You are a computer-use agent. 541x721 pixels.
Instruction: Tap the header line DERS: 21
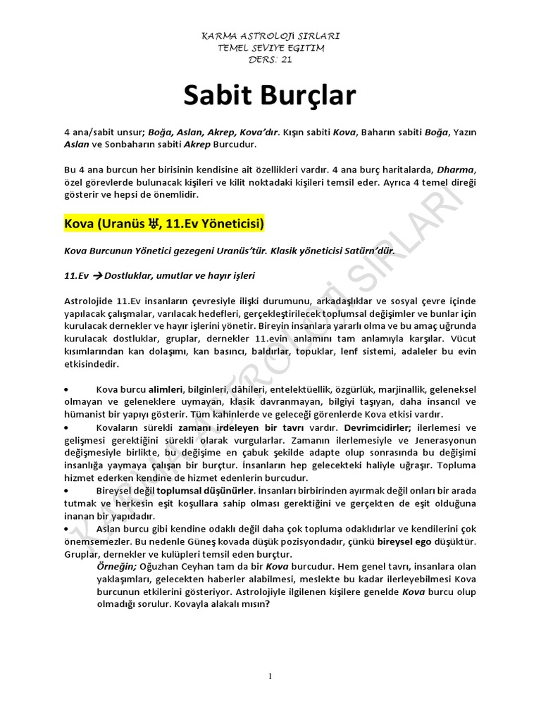coord(270,60)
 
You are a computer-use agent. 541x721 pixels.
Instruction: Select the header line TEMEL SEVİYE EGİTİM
coord(270,48)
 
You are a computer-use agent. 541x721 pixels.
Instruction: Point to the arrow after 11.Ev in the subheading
coord(92,275)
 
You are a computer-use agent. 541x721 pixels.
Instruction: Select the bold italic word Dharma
coord(456,170)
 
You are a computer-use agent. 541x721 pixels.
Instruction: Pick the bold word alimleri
coord(166,389)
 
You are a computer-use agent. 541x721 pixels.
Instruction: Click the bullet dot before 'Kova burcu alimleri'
coord(66,389)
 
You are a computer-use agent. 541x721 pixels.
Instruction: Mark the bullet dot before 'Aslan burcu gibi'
coord(66,529)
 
